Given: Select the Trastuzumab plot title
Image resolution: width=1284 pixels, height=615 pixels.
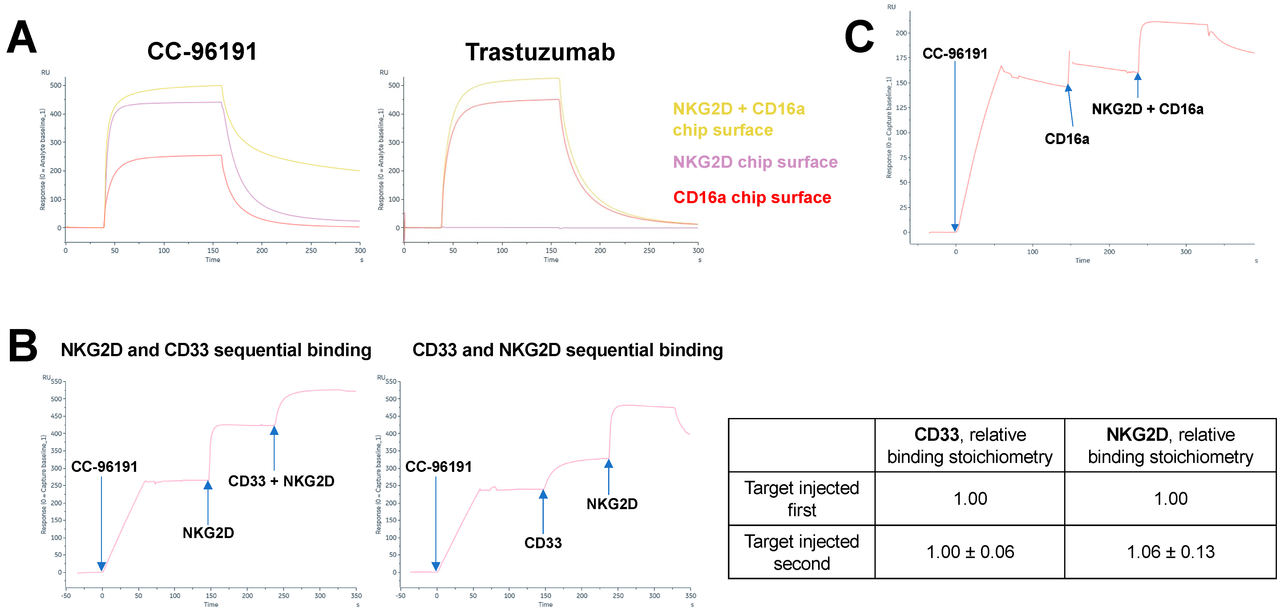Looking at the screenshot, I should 540,52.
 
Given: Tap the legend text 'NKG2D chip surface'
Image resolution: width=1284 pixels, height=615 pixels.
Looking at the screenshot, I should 755,162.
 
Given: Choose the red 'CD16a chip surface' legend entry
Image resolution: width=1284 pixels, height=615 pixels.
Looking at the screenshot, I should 752,197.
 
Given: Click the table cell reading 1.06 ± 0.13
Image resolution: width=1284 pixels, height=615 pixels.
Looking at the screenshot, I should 1170,552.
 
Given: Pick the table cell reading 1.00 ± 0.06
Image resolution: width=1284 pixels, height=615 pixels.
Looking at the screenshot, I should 970,552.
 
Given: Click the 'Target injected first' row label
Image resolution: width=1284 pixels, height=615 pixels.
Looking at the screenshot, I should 801,498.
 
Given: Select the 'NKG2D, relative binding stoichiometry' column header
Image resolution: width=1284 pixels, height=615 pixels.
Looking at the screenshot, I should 1170,445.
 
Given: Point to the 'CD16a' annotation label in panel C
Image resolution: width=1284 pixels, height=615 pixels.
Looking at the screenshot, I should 1067,139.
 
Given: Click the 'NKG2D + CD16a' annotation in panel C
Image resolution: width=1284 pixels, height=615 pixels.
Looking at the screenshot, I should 1147,109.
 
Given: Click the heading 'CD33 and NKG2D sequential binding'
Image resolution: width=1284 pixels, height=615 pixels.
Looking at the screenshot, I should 567,350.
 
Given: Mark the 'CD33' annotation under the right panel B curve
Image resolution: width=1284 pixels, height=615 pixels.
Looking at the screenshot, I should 543,543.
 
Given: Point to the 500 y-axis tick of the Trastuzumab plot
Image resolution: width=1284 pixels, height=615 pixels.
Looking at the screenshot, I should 394,85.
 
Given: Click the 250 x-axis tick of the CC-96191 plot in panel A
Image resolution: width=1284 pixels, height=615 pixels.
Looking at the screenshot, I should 311,251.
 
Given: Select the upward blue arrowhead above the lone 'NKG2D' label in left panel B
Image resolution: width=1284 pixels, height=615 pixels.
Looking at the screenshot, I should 208,484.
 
